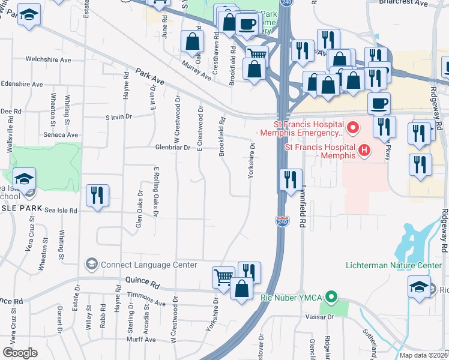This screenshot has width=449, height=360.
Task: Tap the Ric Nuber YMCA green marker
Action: pyautogui.click(x=330, y=298)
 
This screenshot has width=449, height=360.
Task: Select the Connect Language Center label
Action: pyautogui.click(x=149, y=265)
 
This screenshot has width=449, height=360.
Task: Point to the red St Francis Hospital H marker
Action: pyautogui.click(x=363, y=150)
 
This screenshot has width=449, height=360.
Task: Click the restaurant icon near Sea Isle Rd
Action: pyautogui.click(x=97, y=195)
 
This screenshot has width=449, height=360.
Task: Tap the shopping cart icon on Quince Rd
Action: pyautogui.click(x=223, y=277)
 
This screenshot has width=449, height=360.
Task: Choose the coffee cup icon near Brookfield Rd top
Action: pyautogui.click(x=246, y=24)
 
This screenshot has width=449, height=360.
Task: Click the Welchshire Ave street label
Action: pyautogui.click(x=48, y=60)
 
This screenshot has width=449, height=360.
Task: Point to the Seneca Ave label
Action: pyautogui.click(x=64, y=135)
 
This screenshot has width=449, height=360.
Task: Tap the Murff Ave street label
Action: pyautogui.click(x=142, y=340)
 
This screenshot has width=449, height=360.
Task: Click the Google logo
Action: pyautogui.click(x=20, y=353)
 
